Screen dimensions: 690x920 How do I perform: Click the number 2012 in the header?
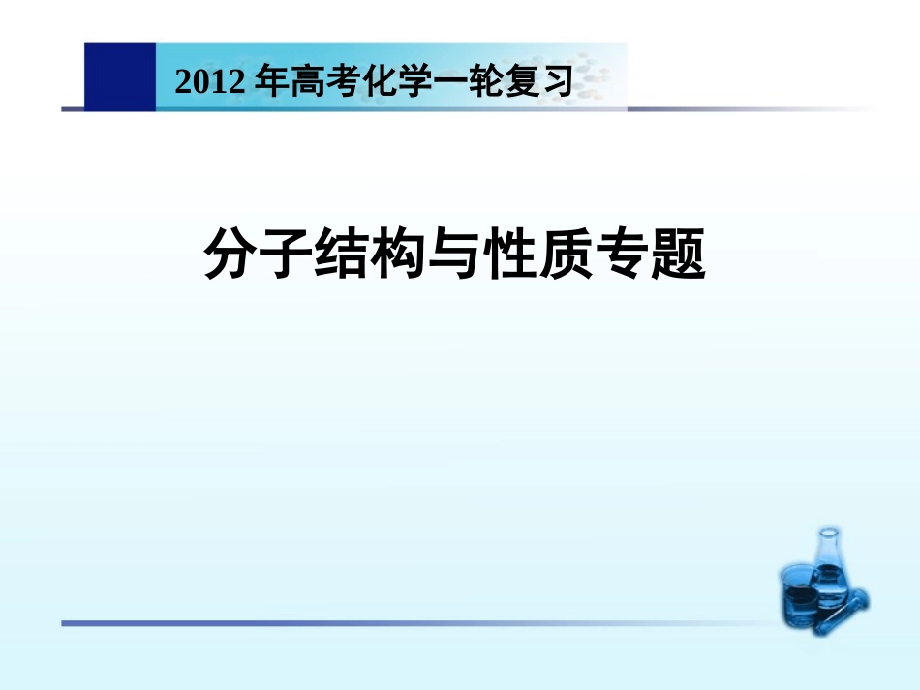click(x=207, y=83)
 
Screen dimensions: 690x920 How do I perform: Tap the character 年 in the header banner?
click(x=267, y=82)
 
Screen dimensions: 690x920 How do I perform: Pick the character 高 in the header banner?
click(x=302, y=82)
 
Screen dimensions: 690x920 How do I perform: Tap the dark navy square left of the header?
click(x=119, y=76)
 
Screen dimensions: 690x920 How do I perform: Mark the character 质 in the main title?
click(x=567, y=255)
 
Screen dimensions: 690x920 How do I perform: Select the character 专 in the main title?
click(x=624, y=255)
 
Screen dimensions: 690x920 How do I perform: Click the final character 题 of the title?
click(x=680, y=255)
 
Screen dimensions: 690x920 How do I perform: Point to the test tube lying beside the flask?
click(x=847, y=607)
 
